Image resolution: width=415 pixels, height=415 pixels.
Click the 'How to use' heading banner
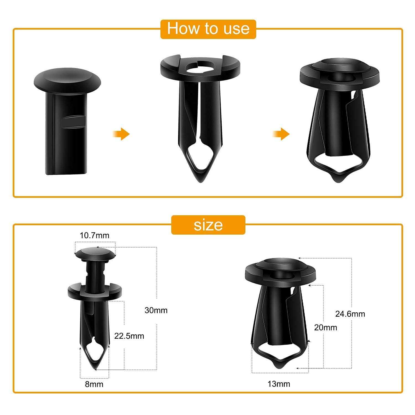click(208, 29)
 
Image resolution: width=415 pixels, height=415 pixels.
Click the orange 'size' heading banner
click(208, 225)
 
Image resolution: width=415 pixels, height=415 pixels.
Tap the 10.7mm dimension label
click(95, 235)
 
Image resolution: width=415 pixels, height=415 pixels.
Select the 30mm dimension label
click(156, 310)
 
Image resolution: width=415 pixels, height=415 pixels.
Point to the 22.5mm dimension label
click(129, 336)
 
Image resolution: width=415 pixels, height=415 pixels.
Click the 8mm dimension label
click(94, 384)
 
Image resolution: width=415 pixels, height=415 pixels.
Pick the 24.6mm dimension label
click(350, 314)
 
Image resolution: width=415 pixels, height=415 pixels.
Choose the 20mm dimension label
click(326, 328)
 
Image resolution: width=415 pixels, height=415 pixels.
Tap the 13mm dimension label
click(279, 384)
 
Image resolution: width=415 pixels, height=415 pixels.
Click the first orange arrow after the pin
click(121, 134)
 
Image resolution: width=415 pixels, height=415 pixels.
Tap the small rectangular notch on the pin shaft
click(73, 121)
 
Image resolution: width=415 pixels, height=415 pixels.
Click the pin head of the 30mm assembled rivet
click(95, 253)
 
